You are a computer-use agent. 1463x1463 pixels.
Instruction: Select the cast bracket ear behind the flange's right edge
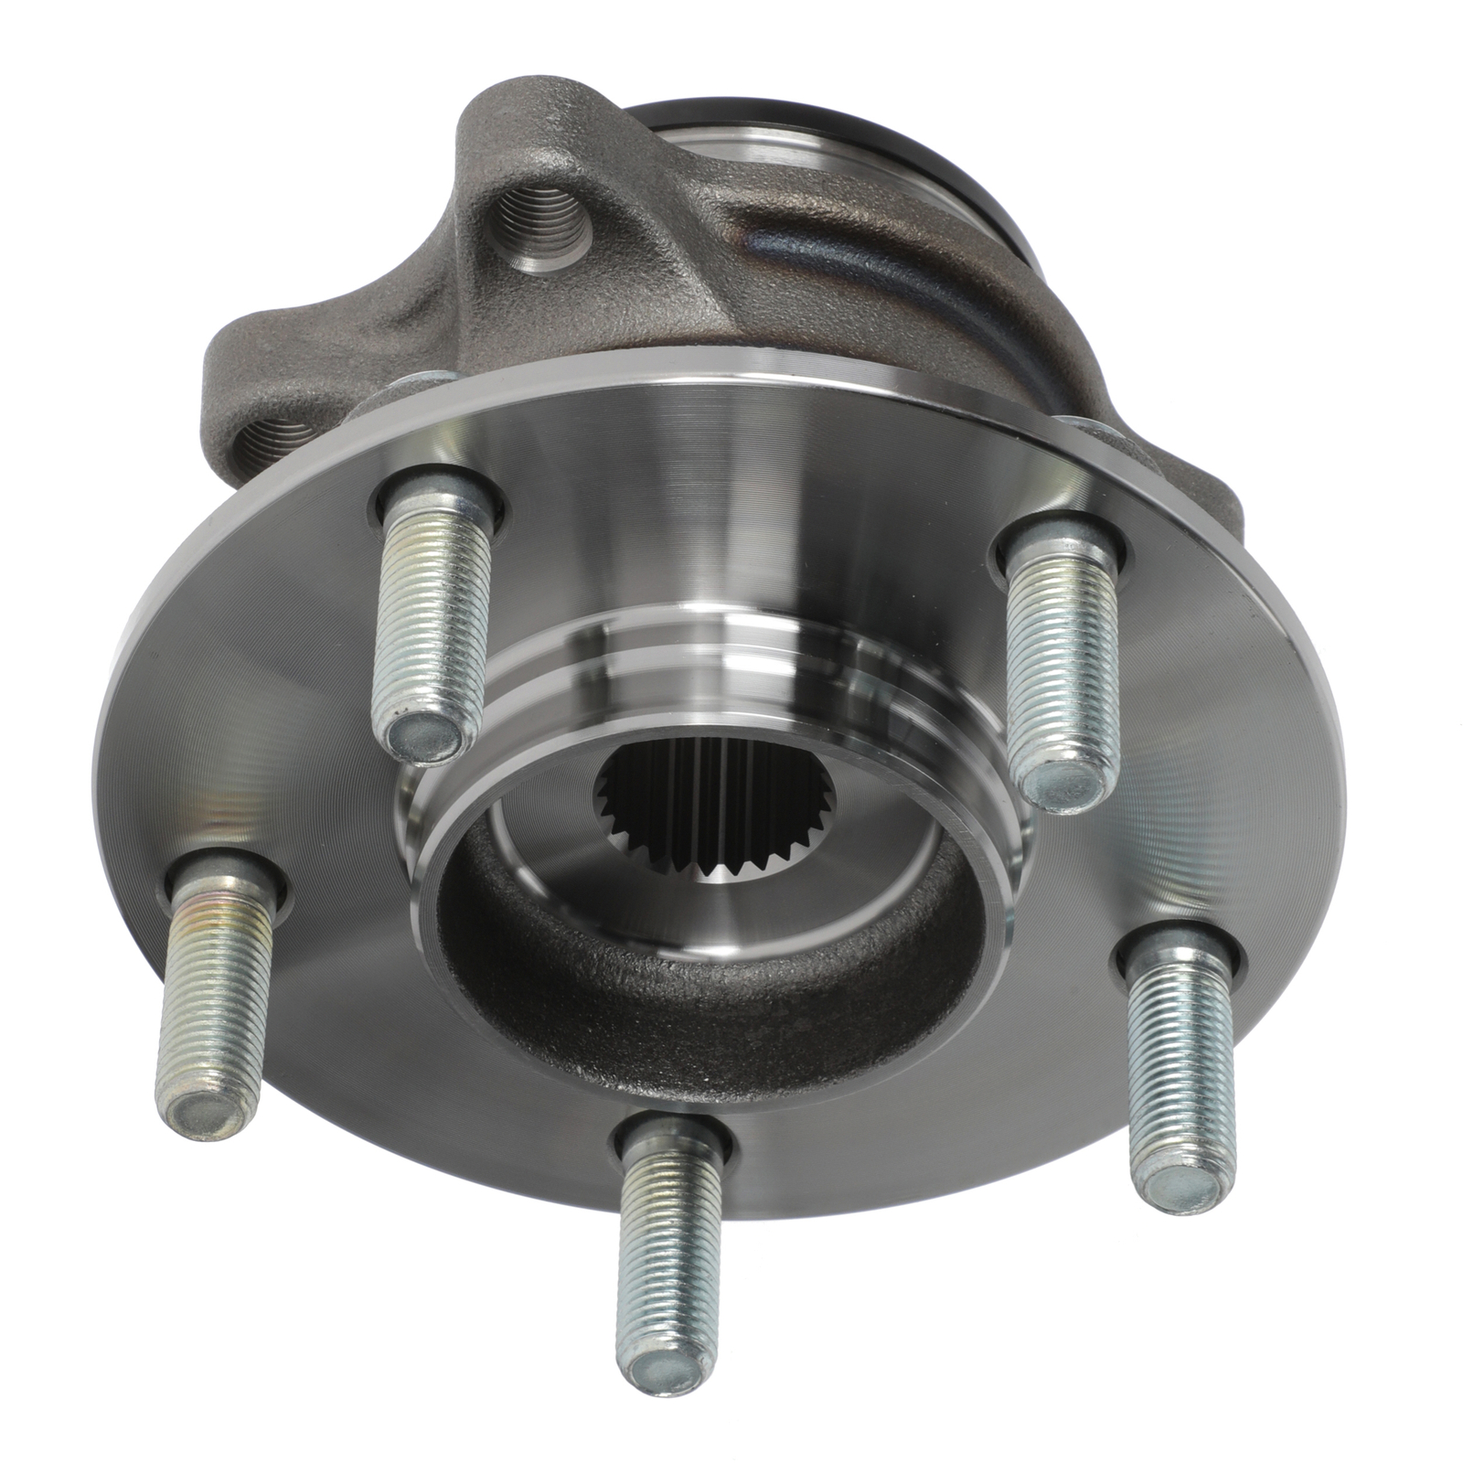[x=1207, y=485]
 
